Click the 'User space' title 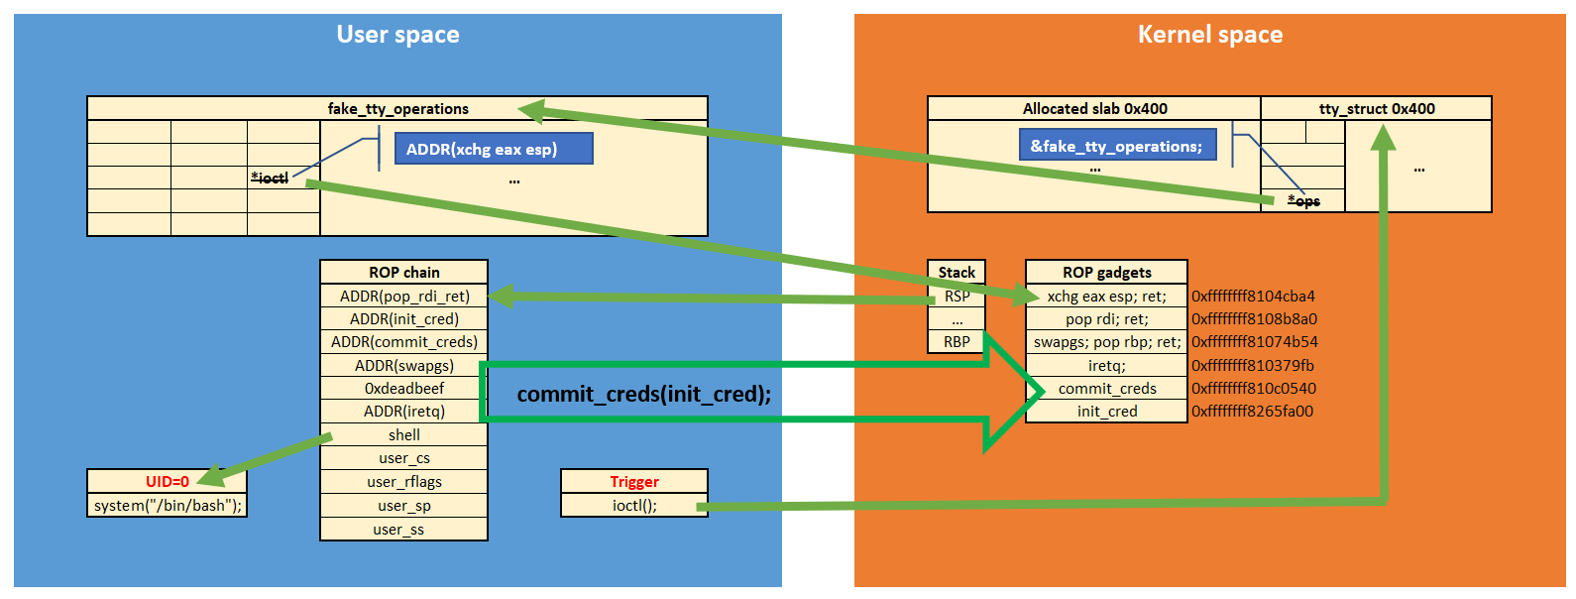pyautogui.click(x=397, y=35)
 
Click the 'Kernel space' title pyautogui.click(x=1209, y=35)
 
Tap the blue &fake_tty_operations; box pyautogui.click(x=1116, y=146)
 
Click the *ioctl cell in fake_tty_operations pyautogui.click(x=270, y=178)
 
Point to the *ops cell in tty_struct pyautogui.click(x=1303, y=201)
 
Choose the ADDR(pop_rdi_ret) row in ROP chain pyautogui.click(x=403, y=296)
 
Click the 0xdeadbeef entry pyautogui.click(x=403, y=389)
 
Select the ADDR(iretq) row pyautogui.click(x=403, y=412)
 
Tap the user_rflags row pyautogui.click(x=403, y=482)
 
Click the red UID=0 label pyautogui.click(x=167, y=481)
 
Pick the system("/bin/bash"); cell pyautogui.click(x=167, y=506)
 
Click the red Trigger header pyautogui.click(x=634, y=481)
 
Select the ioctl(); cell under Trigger pyautogui.click(x=634, y=506)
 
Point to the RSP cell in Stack pyautogui.click(x=957, y=296)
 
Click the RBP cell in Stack pyautogui.click(x=957, y=342)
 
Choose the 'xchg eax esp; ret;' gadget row pyautogui.click(x=1106, y=296)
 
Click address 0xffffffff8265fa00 pyautogui.click(x=1252, y=412)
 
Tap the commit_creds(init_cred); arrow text pyautogui.click(x=643, y=394)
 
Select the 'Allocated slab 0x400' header pyautogui.click(x=1094, y=109)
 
